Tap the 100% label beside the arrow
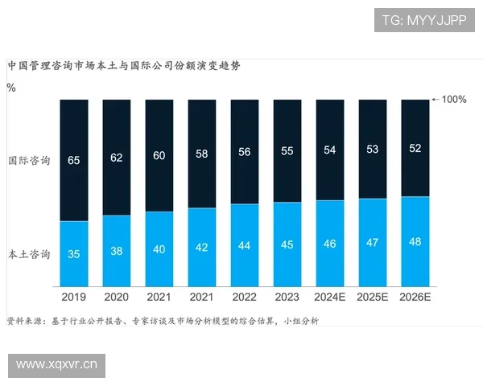point(454,100)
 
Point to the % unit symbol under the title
point(10,88)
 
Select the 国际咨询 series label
point(29,161)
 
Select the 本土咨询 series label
point(29,255)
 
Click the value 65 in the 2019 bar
point(74,161)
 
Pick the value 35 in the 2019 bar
point(74,255)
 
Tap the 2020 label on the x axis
point(117,298)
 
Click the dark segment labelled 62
point(117,157)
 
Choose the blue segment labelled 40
point(159,249)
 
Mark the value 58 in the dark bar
point(202,153)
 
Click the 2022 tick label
point(245,298)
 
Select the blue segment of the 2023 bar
point(287,244)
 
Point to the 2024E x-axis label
point(330,298)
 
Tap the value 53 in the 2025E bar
point(373,149)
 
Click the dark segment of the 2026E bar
point(415,148)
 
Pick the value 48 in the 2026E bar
point(415,241)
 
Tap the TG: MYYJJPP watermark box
point(423,19)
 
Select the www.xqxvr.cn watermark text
point(58,366)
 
